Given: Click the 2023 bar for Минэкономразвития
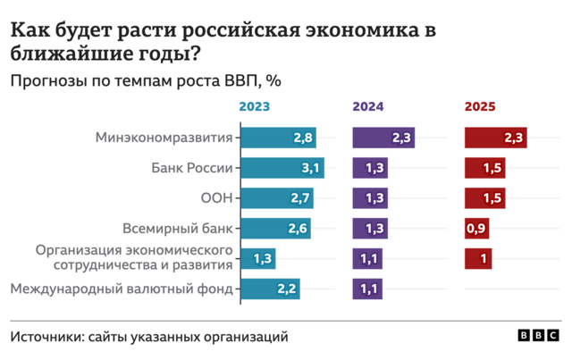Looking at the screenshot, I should [279, 138].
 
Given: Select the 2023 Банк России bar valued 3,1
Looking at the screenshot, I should [282, 168].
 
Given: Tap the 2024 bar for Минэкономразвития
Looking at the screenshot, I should [384, 138].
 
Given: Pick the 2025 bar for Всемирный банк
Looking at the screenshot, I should [476, 229].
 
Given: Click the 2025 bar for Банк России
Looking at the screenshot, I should [484, 168].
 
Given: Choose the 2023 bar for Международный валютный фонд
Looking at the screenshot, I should [271, 289].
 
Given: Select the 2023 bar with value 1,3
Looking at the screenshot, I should [259, 259].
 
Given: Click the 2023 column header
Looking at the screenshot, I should [255, 107].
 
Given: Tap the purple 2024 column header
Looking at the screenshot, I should [368, 107].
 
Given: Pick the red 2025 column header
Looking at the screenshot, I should [480, 107].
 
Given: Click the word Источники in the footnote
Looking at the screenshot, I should [46, 337].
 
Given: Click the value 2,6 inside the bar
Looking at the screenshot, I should [298, 229].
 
